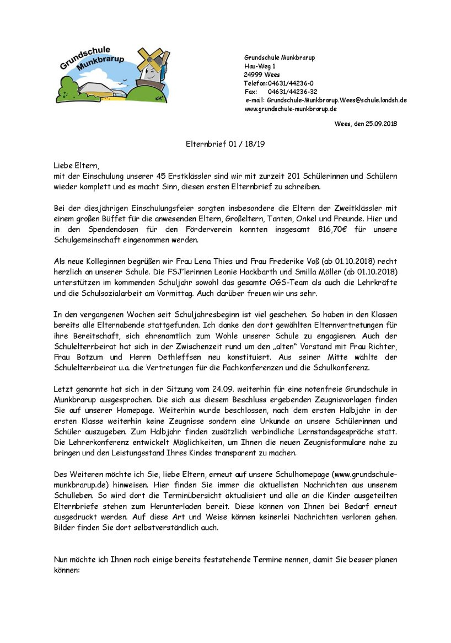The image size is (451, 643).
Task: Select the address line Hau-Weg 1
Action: point(260,66)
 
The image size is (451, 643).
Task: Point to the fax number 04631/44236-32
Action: point(292,92)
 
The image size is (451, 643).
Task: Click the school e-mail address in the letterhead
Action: point(337,100)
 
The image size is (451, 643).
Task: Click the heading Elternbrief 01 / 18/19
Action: point(225,145)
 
